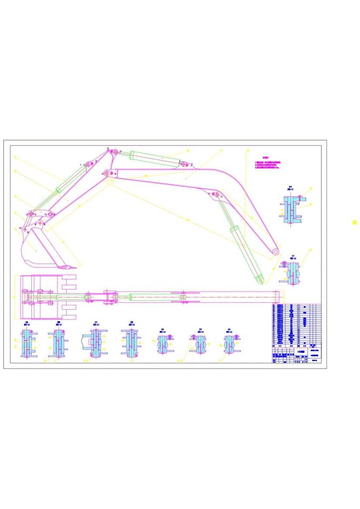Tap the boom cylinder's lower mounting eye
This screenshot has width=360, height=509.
tap(260, 281)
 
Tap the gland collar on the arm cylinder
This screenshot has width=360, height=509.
tap(133, 156)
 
